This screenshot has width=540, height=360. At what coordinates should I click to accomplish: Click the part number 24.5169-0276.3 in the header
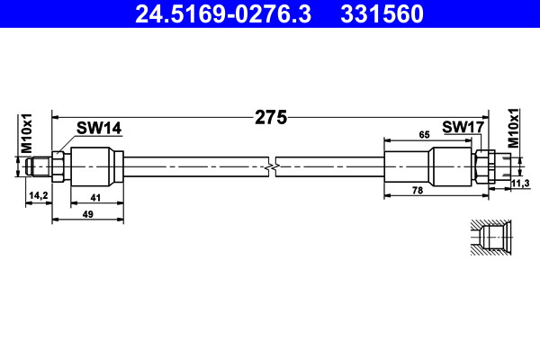pos(223,13)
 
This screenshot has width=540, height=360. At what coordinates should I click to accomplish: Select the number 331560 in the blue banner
pos(382,13)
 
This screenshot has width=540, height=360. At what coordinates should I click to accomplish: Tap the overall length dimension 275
pos(271,118)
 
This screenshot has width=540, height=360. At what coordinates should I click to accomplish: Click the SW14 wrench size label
pos(99,128)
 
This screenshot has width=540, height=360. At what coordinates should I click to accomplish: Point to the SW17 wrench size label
pos(463,127)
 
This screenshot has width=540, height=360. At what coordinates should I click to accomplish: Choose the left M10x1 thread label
pos(26,134)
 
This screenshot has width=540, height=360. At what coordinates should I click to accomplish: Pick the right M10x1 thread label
pos(513,128)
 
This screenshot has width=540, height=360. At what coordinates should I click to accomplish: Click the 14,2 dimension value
pos(39,195)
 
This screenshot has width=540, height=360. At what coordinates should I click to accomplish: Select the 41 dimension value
pos(95,198)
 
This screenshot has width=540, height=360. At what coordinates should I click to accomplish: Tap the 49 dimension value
pos(88,214)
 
